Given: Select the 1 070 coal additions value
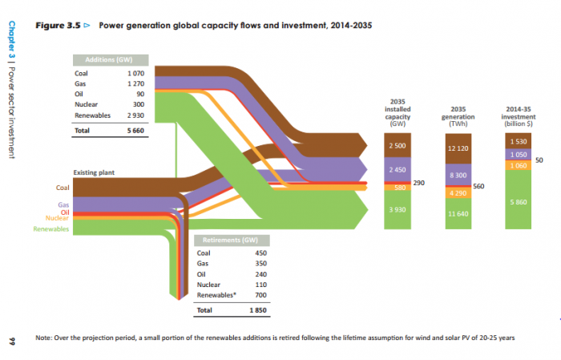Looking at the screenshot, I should pos(134,74).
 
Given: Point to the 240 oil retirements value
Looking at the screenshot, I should pos(260,274).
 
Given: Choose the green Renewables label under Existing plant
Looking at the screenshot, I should pos(51,229).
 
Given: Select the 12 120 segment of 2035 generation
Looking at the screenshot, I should pos(458,149).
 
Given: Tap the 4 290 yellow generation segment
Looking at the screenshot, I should pos(458,193).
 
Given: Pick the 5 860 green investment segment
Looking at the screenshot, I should pos(517,203).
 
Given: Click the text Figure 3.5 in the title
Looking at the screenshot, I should pos(61,26).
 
